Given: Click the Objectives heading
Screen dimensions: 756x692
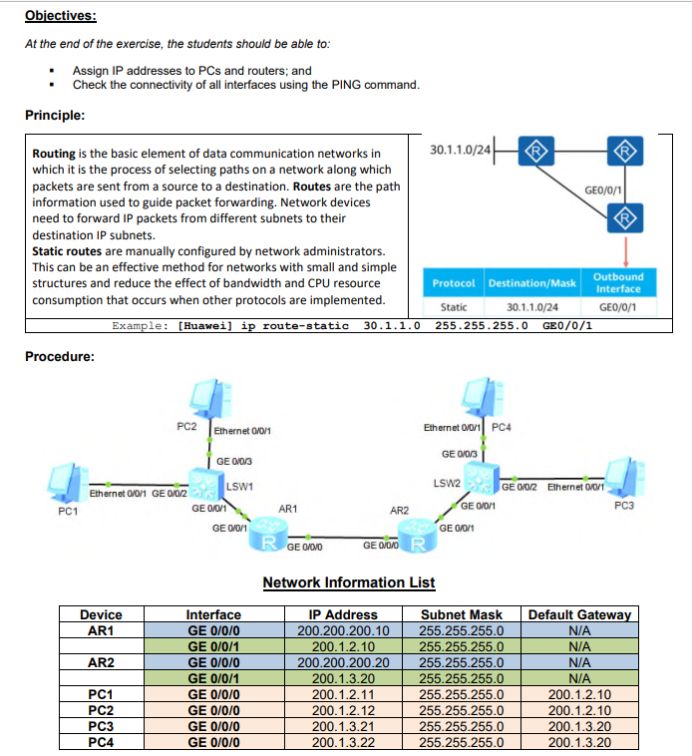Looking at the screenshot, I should pyautogui.click(x=61, y=17).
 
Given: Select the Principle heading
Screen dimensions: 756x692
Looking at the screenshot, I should pyautogui.click(x=54, y=115).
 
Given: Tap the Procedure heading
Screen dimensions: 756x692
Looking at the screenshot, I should pyautogui.click(x=60, y=356).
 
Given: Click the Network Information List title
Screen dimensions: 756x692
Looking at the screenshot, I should pyautogui.click(x=348, y=582).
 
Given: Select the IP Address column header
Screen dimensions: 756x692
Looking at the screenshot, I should pyautogui.click(x=343, y=614).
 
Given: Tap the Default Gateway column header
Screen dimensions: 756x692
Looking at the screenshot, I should pyautogui.click(x=579, y=614).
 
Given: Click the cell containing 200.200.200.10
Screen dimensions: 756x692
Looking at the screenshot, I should pyautogui.click(x=343, y=630).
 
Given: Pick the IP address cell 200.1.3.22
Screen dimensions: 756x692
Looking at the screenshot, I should pyautogui.click(x=343, y=742).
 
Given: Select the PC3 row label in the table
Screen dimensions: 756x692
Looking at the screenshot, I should pyautogui.click(x=100, y=727).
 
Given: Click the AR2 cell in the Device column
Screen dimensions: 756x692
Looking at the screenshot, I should pyautogui.click(x=100, y=662).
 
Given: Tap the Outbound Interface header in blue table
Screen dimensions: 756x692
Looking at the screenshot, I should pyautogui.click(x=618, y=282).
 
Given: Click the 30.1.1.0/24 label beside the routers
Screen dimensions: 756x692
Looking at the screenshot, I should pyautogui.click(x=460, y=150).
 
